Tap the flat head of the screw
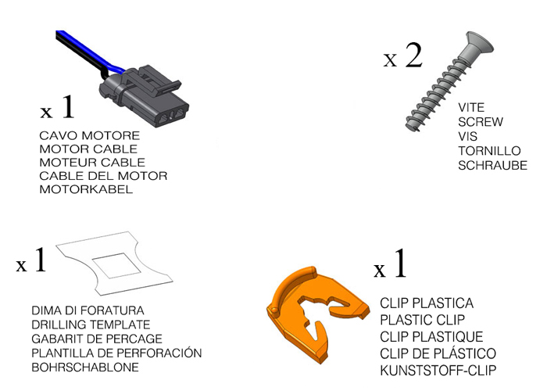click(x=478, y=45)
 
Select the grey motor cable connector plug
click(x=145, y=96)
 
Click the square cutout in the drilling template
click(x=117, y=266)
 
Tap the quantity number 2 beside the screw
click(x=414, y=56)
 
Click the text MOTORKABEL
click(x=86, y=189)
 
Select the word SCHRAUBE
click(x=492, y=166)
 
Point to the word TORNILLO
click(x=489, y=151)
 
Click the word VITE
click(x=471, y=107)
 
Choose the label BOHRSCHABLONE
click(x=85, y=368)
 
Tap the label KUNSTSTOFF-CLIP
click(x=438, y=370)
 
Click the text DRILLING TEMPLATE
click(x=91, y=325)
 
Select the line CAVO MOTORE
click(x=90, y=135)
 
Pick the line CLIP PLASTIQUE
click(x=431, y=337)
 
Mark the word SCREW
click(x=481, y=122)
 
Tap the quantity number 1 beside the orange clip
click(x=400, y=264)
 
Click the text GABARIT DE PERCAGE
click(x=97, y=339)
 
